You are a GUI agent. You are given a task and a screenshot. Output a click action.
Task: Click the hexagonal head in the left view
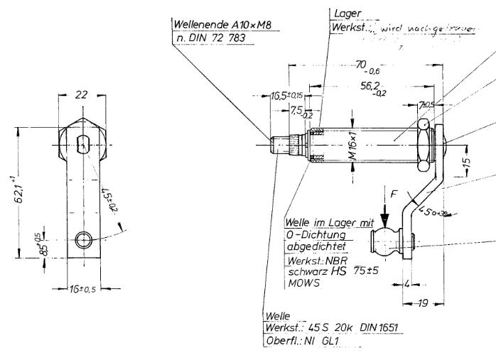[84, 141]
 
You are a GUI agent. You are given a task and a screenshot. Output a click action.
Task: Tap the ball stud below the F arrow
[387, 241]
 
